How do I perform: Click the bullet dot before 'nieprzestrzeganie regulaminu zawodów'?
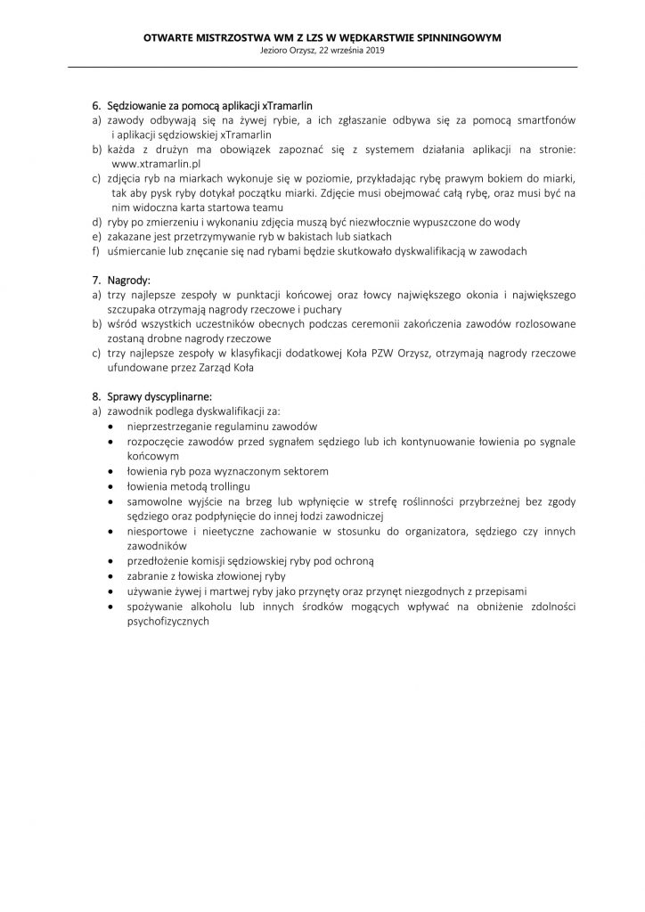[109, 427]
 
